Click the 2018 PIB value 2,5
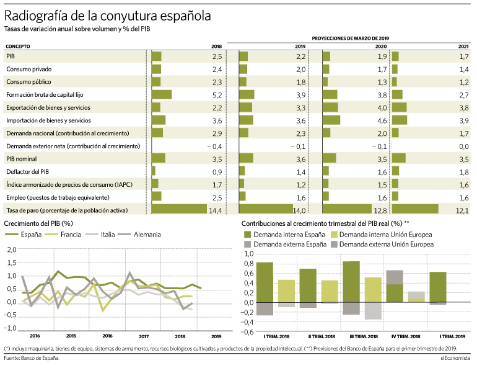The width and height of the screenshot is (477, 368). point(217,56)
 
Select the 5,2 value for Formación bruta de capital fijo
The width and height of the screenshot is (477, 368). point(217,95)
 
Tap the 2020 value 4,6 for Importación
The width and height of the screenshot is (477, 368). point(382,120)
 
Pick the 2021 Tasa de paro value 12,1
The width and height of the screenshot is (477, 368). point(462,210)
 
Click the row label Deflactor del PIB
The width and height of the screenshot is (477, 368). point(28,172)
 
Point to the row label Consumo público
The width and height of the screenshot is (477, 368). point(28,82)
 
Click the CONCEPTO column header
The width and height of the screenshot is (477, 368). point(17,47)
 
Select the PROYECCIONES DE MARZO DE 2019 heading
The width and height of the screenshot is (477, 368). point(351,38)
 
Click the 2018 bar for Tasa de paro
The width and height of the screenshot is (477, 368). point(179,209)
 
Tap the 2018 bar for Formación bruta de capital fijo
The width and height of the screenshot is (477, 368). point(162,94)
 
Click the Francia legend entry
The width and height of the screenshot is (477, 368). point(63,235)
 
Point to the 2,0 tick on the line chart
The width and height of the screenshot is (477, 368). point(12,250)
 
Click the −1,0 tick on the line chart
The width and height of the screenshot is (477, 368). point(10,328)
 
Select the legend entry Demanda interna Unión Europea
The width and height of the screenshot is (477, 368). point(381,235)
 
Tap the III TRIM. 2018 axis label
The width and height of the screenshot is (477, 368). point(364,336)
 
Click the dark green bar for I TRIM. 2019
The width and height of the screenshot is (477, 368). point(438,287)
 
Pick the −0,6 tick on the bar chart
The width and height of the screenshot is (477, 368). point(247,332)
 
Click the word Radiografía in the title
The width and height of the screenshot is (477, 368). point(36,16)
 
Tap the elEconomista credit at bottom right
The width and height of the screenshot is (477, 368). point(455,358)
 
